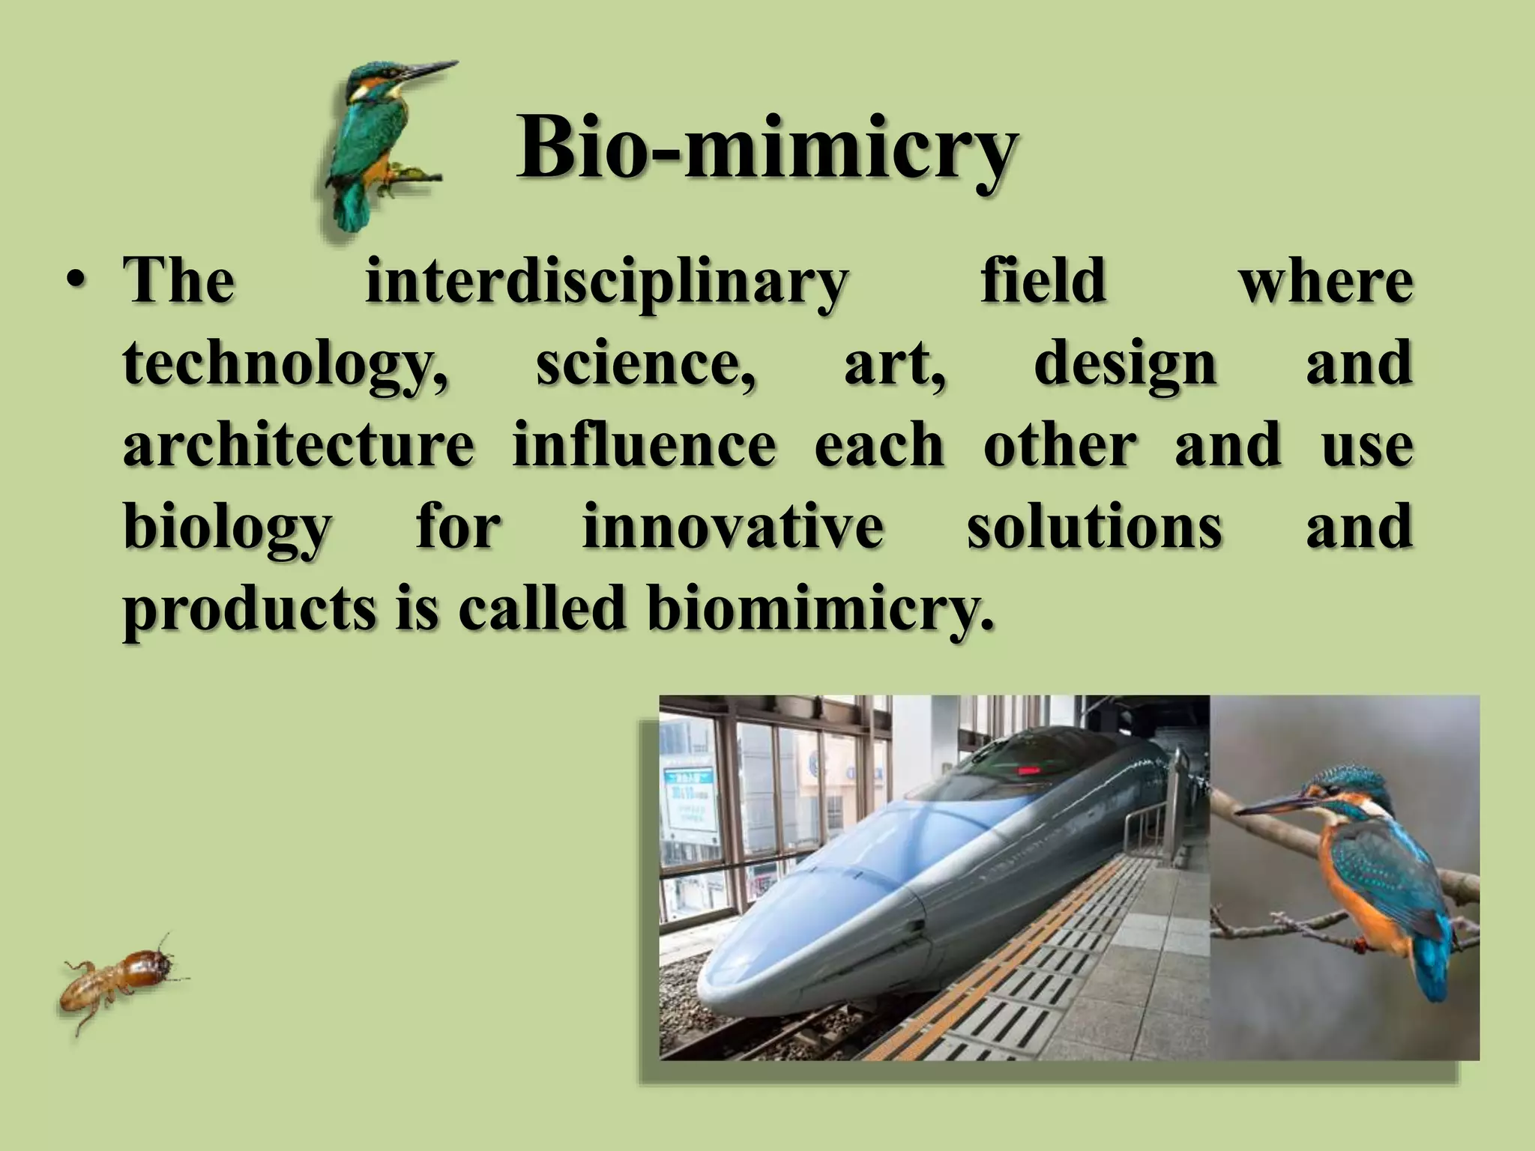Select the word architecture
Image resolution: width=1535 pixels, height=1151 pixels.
point(298,444)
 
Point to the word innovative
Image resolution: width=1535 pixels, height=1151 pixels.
point(733,526)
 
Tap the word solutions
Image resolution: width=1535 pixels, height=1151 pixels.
point(1094,526)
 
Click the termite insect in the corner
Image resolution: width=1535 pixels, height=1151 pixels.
point(120,980)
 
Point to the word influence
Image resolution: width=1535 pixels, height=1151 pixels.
point(644,444)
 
